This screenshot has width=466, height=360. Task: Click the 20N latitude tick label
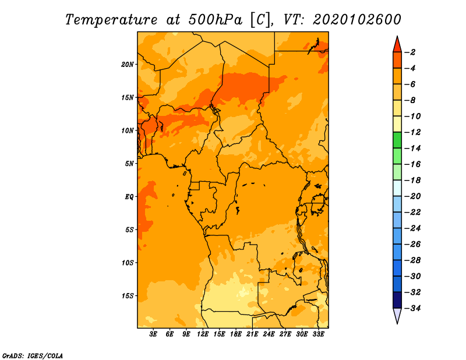pos(128,65)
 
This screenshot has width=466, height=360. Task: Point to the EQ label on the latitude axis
pos(129,197)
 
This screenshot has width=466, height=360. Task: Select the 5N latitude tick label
pos(129,164)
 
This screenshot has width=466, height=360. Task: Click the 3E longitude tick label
pos(153,334)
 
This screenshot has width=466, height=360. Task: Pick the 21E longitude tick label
pos(252,334)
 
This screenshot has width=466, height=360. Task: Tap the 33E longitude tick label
pos(318,334)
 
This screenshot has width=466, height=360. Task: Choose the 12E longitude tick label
pos(203,334)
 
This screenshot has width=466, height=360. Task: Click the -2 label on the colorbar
pos(410,52)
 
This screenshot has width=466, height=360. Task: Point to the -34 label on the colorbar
pos(412,308)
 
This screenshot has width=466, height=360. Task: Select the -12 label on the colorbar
pos(412,132)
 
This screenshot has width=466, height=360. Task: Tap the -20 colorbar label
pos(412,196)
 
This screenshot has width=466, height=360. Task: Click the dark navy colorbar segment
pos(397,300)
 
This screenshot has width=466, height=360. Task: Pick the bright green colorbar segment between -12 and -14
pos(397,140)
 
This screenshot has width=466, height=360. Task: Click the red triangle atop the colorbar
pos(397,45)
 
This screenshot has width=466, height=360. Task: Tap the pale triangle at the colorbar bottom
pos(397,315)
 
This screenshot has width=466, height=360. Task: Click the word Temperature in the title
pos(111,20)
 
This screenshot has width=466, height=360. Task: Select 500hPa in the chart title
pos(216,20)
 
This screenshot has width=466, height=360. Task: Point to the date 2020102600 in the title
pos(357,20)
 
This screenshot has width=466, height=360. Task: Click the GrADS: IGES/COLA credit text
pos(33,356)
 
